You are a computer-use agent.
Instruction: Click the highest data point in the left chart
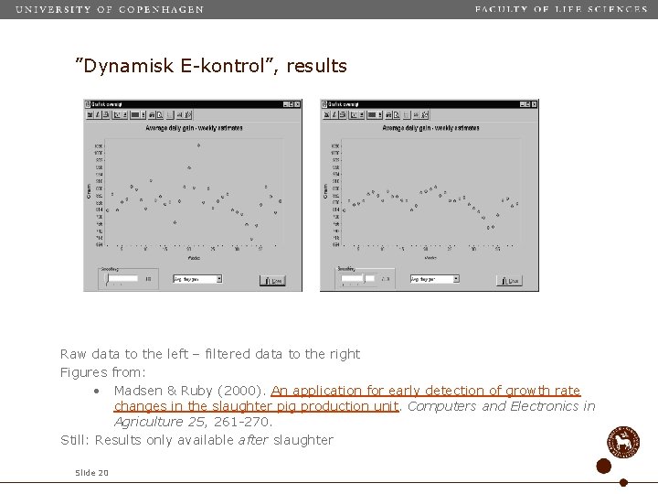[x=199, y=145]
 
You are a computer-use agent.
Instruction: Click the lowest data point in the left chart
[x=251, y=240]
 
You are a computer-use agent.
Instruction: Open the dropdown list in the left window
[x=218, y=279]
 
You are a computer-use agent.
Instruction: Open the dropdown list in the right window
[x=454, y=279]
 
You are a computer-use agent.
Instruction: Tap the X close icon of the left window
[x=297, y=104]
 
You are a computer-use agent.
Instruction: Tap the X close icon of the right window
[x=534, y=104]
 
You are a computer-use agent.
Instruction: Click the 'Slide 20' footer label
[x=92, y=473]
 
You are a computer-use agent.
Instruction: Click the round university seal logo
[x=624, y=442]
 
